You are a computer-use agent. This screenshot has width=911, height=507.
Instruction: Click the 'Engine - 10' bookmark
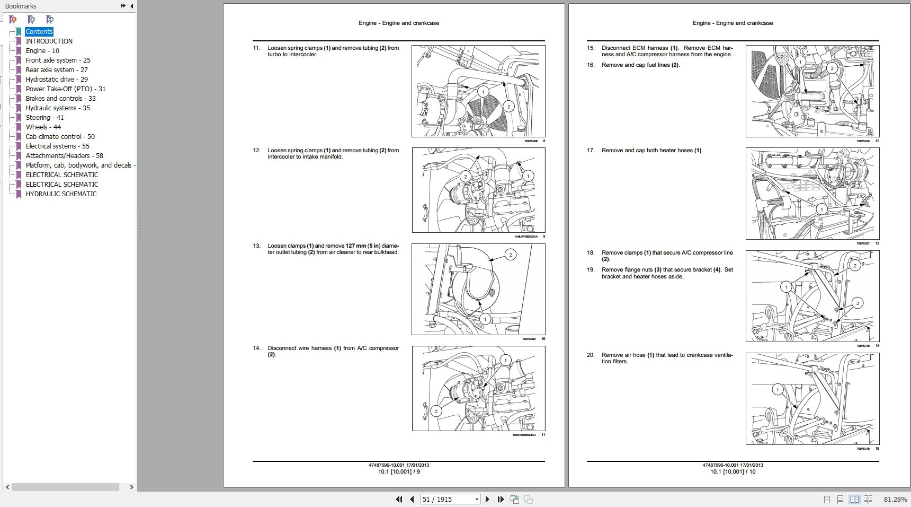click(x=42, y=51)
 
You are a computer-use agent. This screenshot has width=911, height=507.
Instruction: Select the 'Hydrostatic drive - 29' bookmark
click(x=57, y=80)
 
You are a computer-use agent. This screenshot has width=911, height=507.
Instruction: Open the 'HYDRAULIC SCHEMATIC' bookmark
click(x=61, y=194)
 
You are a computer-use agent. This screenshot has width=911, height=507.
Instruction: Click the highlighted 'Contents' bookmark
click(x=39, y=32)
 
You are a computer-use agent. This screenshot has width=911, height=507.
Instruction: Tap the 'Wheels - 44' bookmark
click(x=43, y=127)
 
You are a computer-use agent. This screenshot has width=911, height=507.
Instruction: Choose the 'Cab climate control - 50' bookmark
click(x=60, y=137)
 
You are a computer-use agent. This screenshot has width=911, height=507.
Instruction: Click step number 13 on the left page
click(x=256, y=246)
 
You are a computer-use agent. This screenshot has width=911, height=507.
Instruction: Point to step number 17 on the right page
click(x=591, y=151)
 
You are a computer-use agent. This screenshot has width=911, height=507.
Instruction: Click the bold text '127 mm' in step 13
click(x=356, y=246)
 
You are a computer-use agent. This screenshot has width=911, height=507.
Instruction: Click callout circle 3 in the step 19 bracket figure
click(x=857, y=303)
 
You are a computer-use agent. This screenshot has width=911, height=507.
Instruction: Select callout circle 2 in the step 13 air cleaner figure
click(x=511, y=255)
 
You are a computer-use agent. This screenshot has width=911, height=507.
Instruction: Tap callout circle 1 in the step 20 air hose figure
click(x=778, y=390)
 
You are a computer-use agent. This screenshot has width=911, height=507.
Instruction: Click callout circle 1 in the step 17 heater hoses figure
click(x=821, y=209)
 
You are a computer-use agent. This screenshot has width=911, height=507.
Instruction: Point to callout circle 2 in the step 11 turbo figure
click(x=508, y=107)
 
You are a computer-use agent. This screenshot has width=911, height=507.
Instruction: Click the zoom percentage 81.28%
click(x=895, y=499)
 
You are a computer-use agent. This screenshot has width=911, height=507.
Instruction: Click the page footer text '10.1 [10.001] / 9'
click(x=399, y=471)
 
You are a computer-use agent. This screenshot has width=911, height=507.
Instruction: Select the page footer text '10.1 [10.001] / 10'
click(x=733, y=471)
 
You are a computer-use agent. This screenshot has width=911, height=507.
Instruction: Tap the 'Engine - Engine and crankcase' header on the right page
click(x=733, y=23)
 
